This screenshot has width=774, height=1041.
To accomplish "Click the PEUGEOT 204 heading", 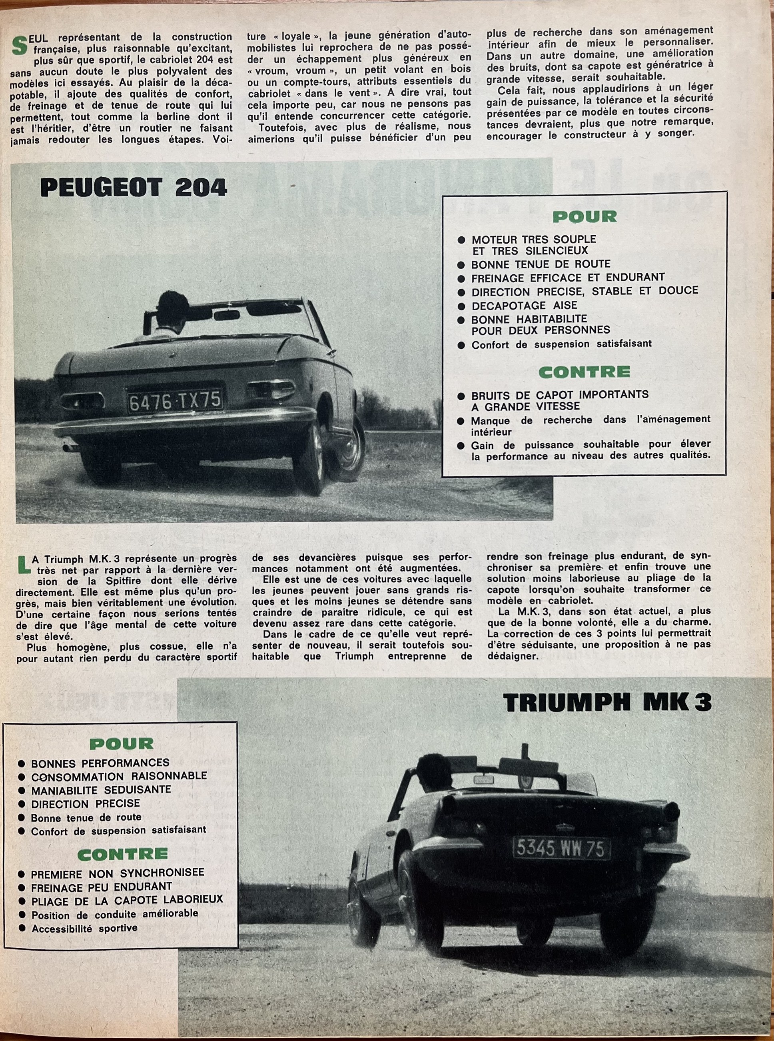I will pyautogui.click(x=134, y=188).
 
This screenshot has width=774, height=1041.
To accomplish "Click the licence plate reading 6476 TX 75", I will pyautogui.click(x=175, y=402).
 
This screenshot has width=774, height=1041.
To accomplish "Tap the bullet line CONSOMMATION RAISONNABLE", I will pyautogui.click(x=118, y=776).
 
